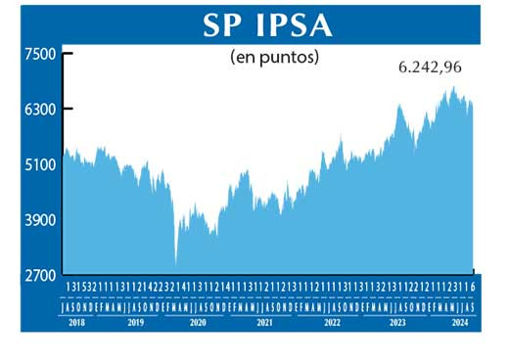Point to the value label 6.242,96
tap(429, 68)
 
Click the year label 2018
tap(78, 321)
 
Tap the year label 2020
tap(197, 321)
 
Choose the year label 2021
tap(263, 321)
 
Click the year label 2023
tap(397, 321)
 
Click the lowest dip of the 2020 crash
tap(176, 262)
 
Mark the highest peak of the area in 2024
tap(453, 87)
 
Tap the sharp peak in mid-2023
tap(399, 105)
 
